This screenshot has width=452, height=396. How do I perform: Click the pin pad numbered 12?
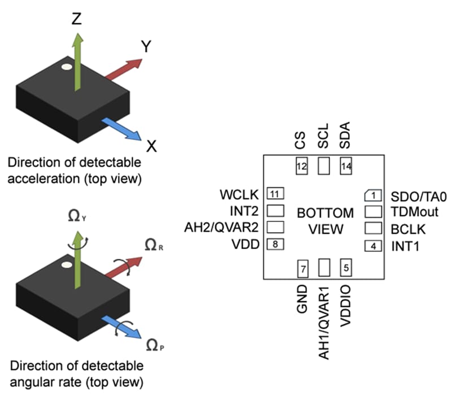point(302,166)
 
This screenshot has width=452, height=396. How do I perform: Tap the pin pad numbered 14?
point(346,166)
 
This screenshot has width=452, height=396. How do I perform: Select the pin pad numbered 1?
point(373,195)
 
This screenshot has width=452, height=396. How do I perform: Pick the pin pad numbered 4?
point(373,246)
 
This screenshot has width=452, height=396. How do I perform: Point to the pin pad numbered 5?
point(346,268)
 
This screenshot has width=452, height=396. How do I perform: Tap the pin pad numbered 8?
point(275,244)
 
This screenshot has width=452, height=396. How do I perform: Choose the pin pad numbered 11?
point(275,194)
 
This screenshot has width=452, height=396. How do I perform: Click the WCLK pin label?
point(240,195)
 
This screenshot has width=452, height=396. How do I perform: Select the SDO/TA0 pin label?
point(419,197)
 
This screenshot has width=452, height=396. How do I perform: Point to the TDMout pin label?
point(415,212)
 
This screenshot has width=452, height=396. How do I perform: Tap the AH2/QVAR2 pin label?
point(221,228)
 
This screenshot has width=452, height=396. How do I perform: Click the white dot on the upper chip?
point(67,67)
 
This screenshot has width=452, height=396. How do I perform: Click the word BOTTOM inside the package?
point(325,213)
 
